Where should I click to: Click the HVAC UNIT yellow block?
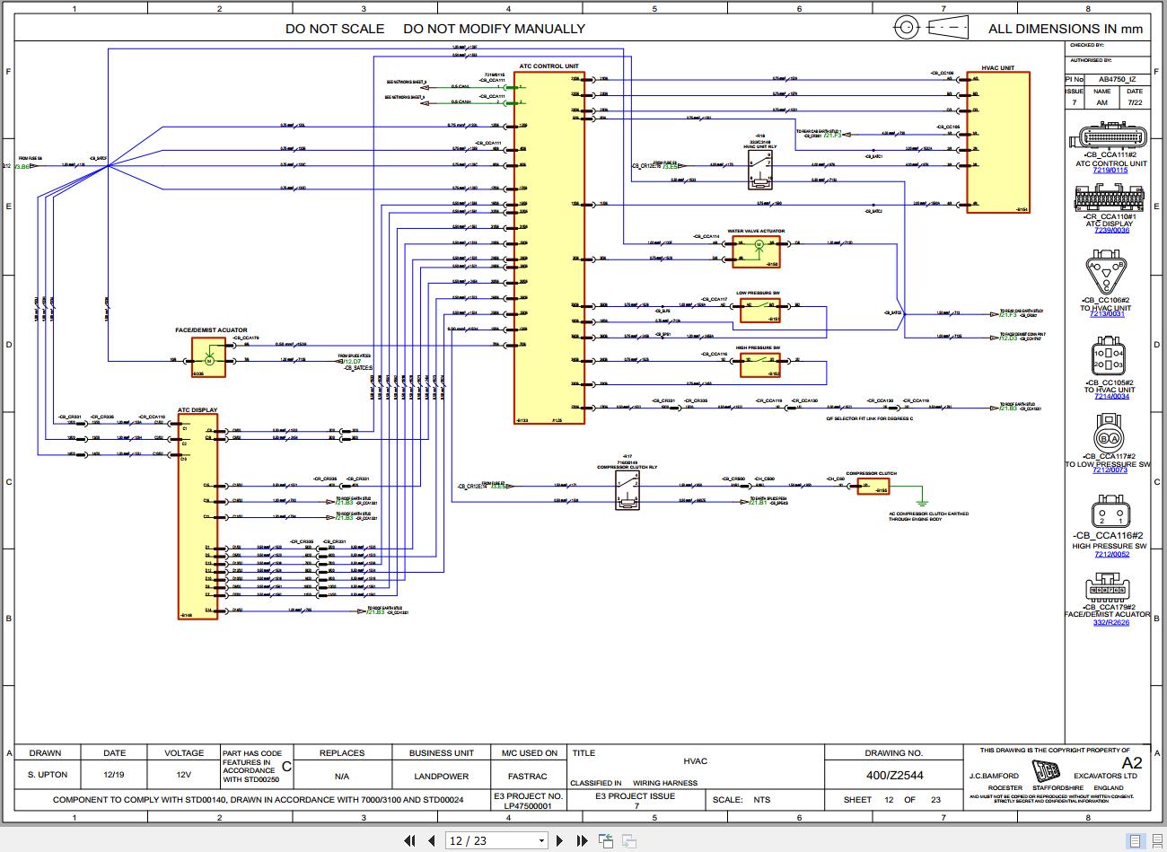coord(997,142)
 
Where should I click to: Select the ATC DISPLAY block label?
coord(197,410)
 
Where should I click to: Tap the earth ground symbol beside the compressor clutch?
coord(920,502)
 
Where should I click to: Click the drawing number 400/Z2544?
coord(893,775)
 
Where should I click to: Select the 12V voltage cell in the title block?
coord(183,775)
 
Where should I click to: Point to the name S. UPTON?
coord(47,775)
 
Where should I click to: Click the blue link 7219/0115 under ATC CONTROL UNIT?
coord(1110,171)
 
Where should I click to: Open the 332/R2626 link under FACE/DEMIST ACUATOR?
coord(1110,622)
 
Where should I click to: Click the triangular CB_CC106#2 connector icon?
coord(1105,273)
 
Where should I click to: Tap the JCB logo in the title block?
coord(1045,774)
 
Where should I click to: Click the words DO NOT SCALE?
coord(334,29)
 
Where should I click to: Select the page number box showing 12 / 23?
coord(496,840)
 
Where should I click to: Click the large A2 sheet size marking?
coord(1132,763)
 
